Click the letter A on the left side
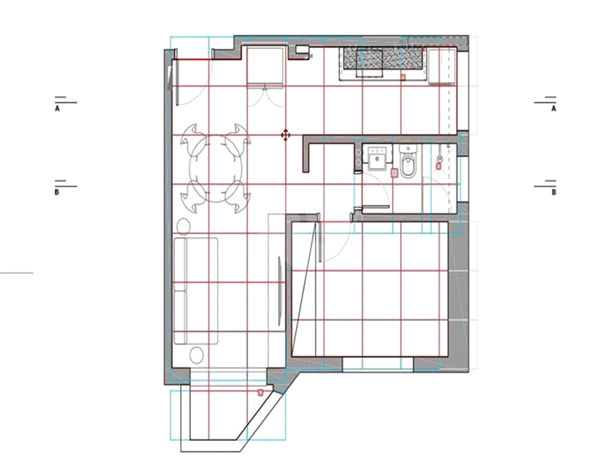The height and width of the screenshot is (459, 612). click(x=58, y=109)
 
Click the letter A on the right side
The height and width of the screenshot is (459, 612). click(x=554, y=109)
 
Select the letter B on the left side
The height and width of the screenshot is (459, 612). click(x=57, y=192)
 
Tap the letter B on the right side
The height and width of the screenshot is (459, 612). click(x=554, y=192)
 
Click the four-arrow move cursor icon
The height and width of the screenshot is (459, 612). click(x=285, y=136)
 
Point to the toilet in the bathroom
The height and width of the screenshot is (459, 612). click(x=409, y=161)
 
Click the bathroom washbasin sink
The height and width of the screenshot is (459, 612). click(x=378, y=158)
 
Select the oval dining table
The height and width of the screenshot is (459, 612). click(x=215, y=168)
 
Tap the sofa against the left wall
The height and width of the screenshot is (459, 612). click(x=196, y=291)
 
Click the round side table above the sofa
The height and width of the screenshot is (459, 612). click(x=184, y=226)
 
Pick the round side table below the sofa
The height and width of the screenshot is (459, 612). click(x=197, y=355)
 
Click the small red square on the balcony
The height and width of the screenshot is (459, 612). click(x=260, y=392)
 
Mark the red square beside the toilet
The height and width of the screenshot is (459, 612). click(x=395, y=172)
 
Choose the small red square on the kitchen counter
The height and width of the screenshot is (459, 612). click(x=403, y=77)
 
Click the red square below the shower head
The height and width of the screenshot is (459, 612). click(x=439, y=166)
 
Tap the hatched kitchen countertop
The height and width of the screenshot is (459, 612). click(x=383, y=58)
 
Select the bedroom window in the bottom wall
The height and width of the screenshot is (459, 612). click(x=378, y=365)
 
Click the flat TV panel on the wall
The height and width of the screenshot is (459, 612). click(x=280, y=291)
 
